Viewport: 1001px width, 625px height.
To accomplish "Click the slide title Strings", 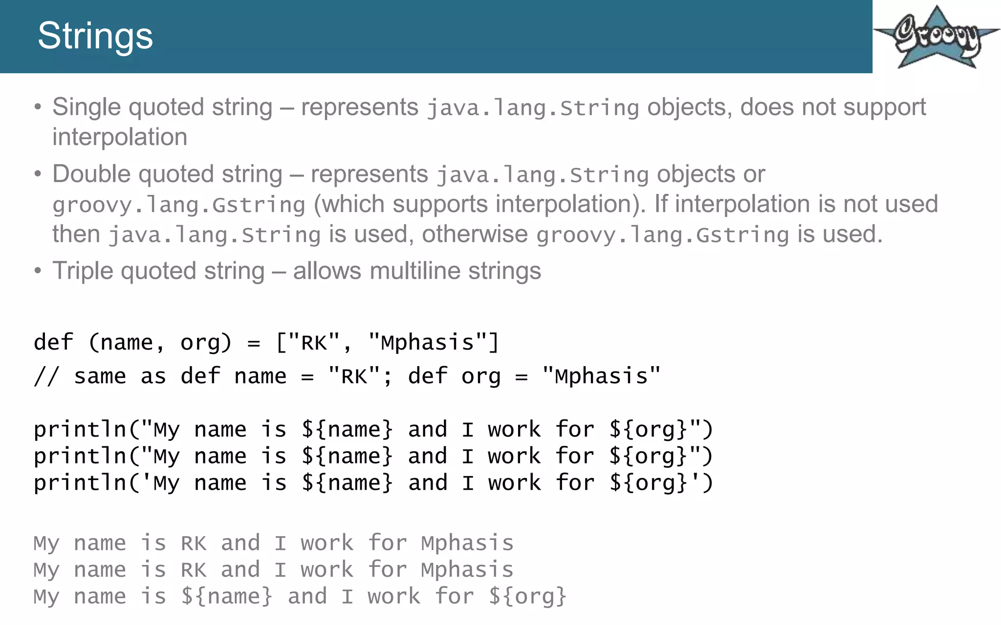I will [95, 36].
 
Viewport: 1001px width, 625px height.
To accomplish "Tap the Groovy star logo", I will [936, 37].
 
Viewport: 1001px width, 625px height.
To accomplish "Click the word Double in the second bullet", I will [91, 174].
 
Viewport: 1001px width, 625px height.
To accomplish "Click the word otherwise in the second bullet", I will [475, 234].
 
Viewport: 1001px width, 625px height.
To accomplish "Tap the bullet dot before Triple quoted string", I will [38, 271].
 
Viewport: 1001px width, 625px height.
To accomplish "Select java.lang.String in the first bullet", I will [533, 108].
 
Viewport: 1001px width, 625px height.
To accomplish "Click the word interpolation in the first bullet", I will [120, 137].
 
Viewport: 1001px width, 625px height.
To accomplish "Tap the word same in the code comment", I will [100, 376].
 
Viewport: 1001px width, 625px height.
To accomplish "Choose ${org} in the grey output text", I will [527, 597].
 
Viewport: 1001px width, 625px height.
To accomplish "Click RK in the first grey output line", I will [194, 543].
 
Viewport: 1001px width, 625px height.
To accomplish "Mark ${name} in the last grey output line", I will [226, 597].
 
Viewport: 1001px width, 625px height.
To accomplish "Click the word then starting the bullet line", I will [76, 234].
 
